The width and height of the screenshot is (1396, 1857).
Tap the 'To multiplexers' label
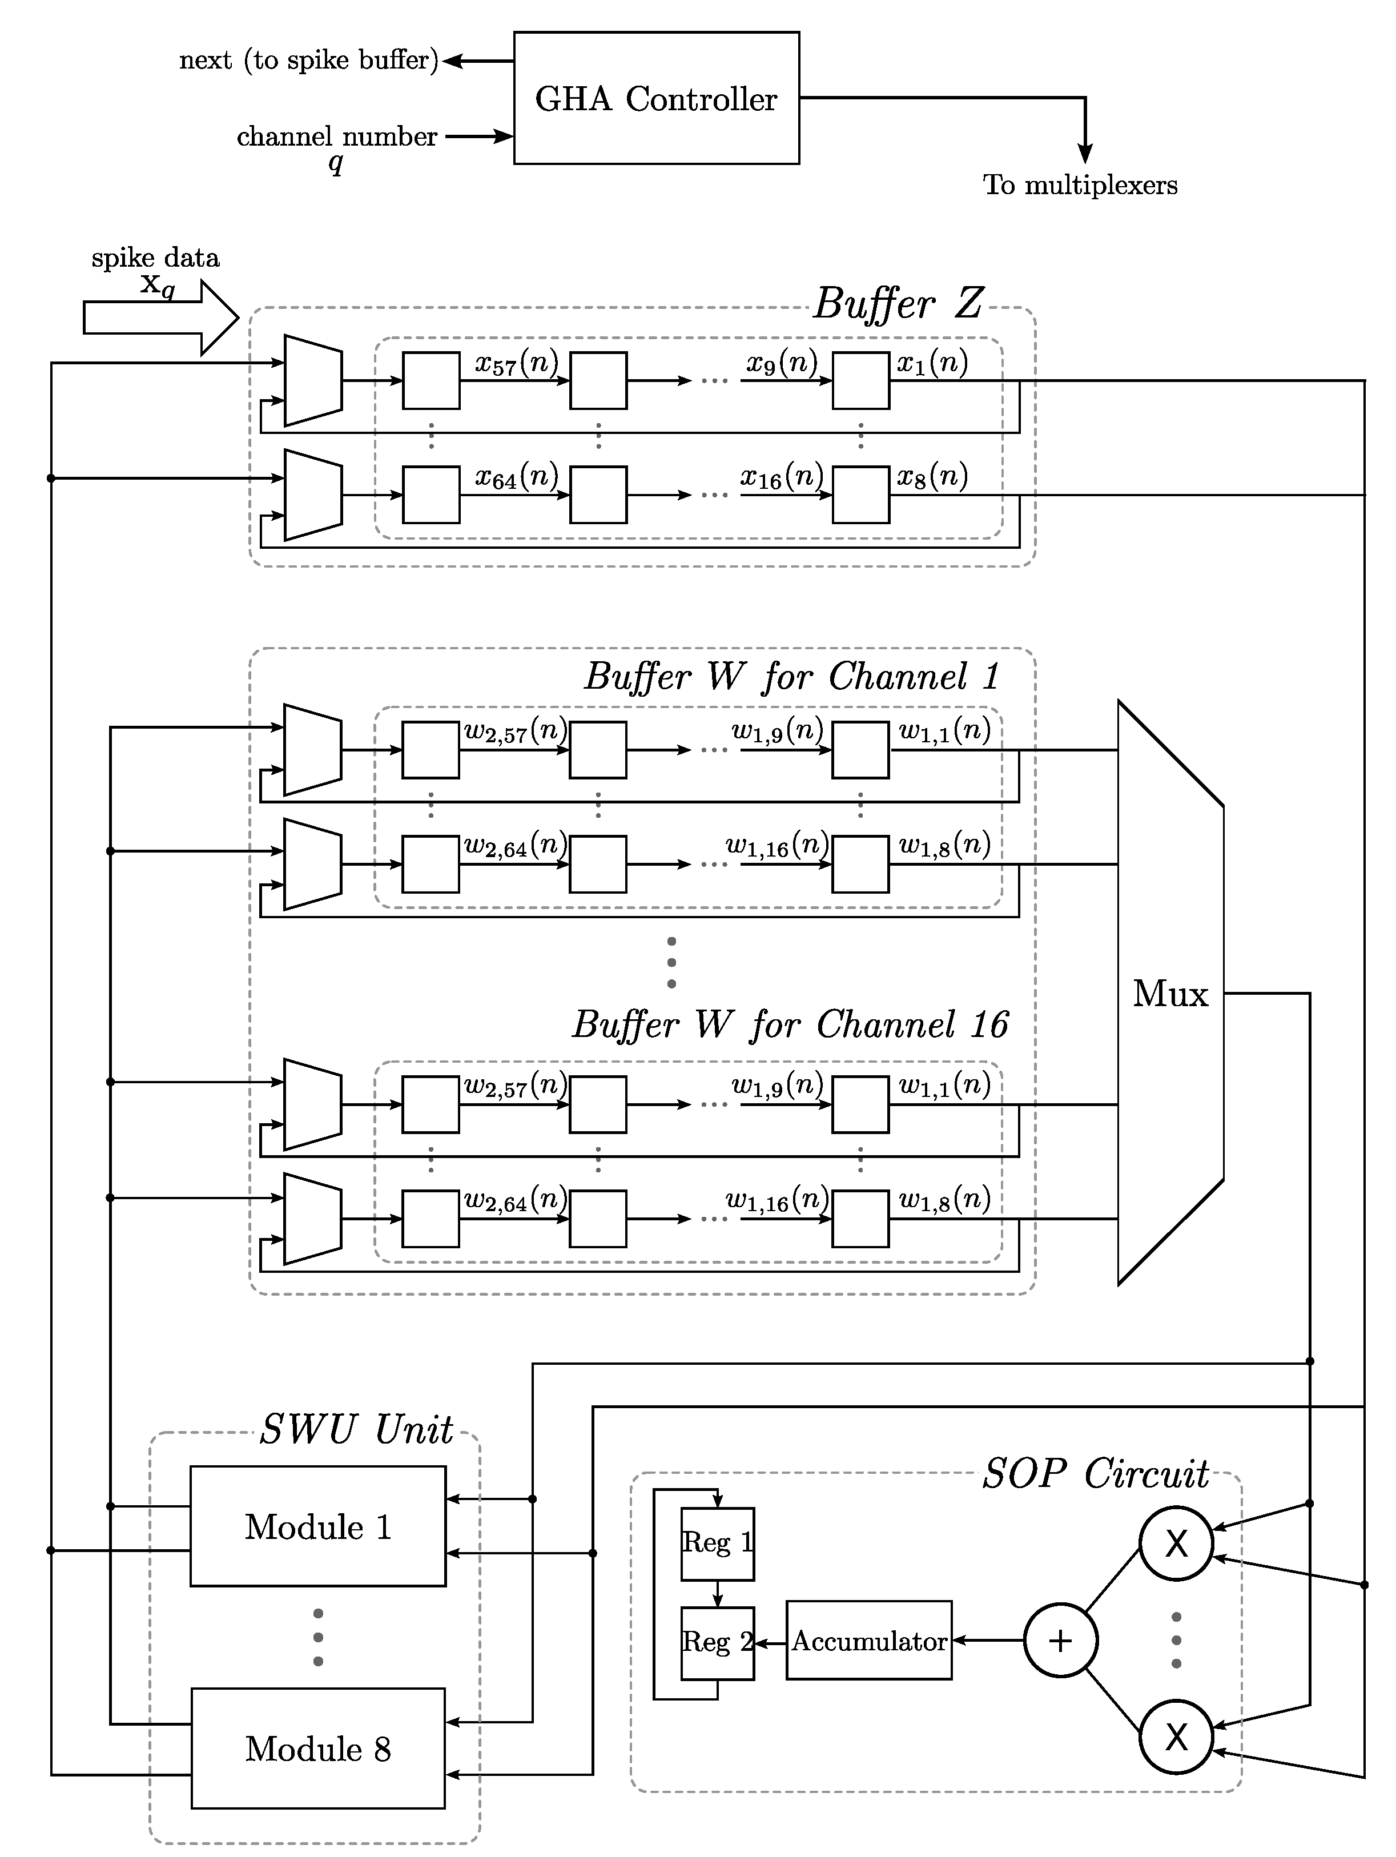click(1080, 184)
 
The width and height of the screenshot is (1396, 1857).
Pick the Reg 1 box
click(717, 1542)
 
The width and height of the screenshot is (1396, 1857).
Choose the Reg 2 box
click(717, 1642)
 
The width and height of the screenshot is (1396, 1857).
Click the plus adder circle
click(1060, 1641)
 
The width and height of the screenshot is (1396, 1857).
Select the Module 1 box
click(317, 1526)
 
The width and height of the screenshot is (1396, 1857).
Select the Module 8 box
click(317, 1749)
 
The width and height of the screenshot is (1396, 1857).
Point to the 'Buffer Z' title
click(898, 303)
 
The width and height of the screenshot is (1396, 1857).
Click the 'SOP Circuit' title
click(1096, 1473)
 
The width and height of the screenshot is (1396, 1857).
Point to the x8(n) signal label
click(932, 477)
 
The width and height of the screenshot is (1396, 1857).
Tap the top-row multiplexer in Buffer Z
click(313, 380)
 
